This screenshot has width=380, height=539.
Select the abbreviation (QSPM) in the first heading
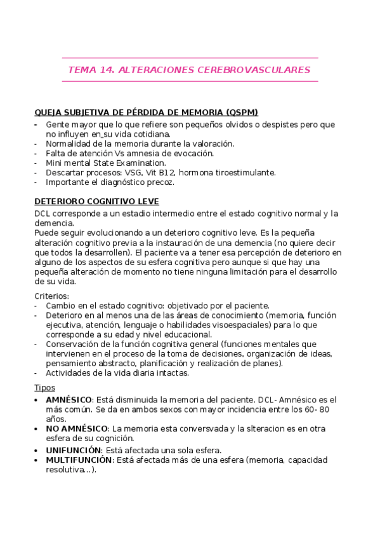coord(241,112)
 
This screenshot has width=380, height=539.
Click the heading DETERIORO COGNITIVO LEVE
coord(96,201)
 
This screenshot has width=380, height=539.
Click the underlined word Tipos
coord(44,387)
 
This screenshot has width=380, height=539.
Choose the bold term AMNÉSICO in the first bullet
coord(69,400)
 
